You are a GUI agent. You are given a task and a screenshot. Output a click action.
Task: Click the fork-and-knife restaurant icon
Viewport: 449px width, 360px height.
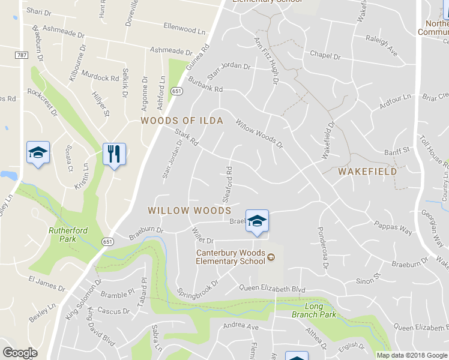[x=114, y=155]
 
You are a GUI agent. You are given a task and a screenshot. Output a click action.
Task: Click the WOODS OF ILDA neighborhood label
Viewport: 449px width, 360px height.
[x=182, y=121]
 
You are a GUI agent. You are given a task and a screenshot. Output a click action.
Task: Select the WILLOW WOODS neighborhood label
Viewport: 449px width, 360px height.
[x=189, y=211]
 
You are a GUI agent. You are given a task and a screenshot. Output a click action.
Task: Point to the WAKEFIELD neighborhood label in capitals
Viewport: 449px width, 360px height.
[x=367, y=172]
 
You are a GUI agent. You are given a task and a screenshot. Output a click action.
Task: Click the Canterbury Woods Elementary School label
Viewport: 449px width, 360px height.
[x=231, y=257]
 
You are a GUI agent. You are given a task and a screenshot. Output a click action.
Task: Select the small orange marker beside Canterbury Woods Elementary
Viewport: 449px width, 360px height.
[x=271, y=257]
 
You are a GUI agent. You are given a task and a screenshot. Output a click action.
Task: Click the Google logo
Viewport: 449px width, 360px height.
[x=20, y=353]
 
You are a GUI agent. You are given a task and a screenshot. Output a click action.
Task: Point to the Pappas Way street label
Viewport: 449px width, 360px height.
[x=394, y=229]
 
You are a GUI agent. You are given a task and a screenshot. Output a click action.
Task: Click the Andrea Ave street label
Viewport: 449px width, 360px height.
[x=240, y=326]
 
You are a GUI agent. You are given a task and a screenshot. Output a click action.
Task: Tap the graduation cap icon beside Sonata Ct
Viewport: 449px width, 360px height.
[x=38, y=154]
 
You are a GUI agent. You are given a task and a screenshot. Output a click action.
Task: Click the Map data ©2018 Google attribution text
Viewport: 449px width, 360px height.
[x=412, y=355]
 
